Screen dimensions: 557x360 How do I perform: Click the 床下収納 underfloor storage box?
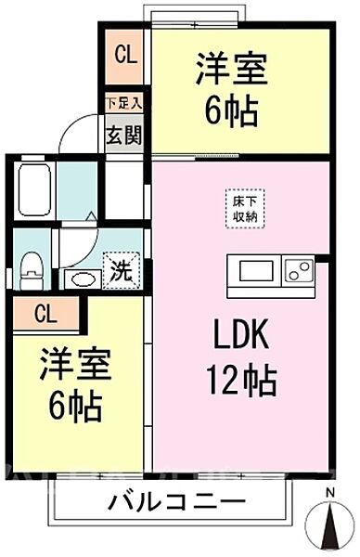click(x=238, y=208)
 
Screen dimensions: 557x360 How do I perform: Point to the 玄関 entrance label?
click(x=122, y=135)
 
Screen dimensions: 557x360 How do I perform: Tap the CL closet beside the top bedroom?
click(x=124, y=53)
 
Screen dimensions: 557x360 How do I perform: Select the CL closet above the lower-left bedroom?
click(x=45, y=313)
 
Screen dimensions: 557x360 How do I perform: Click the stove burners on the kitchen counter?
click(x=298, y=273)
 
